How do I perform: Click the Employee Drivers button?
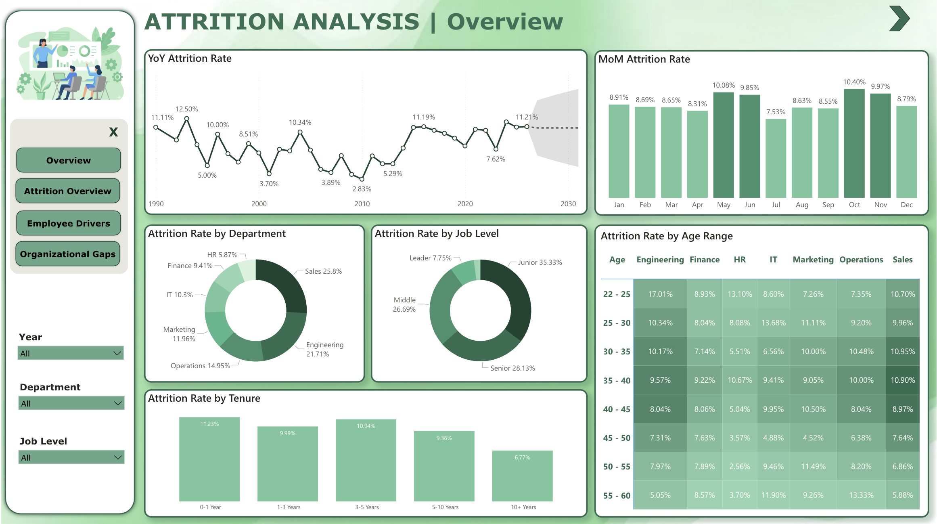(x=68, y=223)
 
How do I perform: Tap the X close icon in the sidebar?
(x=113, y=132)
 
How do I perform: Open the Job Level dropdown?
(x=71, y=457)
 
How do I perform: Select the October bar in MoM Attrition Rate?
(x=854, y=143)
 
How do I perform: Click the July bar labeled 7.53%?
(x=776, y=158)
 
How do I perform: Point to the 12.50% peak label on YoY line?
(x=186, y=109)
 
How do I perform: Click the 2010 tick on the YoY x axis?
(x=362, y=204)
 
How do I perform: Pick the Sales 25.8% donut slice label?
(x=323, y=271)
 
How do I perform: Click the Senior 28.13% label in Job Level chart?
(x=512, y=368)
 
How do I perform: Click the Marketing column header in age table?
(x=813, y=260)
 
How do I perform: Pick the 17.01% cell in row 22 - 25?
(x=660, y=294)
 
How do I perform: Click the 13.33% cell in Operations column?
(x=861, y=495)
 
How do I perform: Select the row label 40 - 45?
(x=616, y=409)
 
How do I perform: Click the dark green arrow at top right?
(x=899, y=19)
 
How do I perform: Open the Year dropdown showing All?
(x=71, y=353)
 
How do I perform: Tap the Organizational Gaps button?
(x=68, y=254)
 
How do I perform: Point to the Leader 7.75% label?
(x=430, y=258)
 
